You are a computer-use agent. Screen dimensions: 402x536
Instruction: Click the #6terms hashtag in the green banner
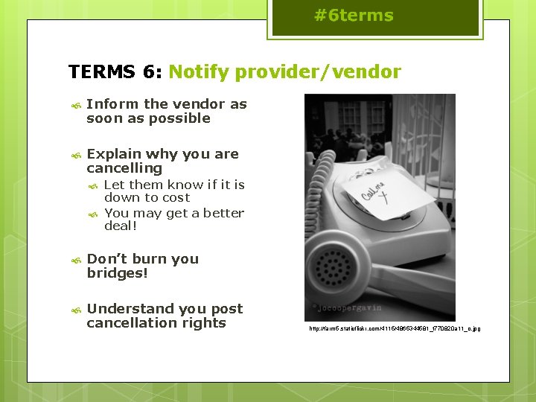pos(354,16)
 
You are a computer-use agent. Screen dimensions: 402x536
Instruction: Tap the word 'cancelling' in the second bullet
pos(124,168)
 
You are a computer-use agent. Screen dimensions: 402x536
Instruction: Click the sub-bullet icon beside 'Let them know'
pos(93,185)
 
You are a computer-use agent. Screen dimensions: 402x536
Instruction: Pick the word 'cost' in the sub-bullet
pos(176,198)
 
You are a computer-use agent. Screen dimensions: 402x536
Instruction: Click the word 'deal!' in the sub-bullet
pos(121,226)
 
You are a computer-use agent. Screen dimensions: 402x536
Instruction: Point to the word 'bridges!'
pos(118,273)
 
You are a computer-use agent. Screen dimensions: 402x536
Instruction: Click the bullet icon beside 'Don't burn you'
pos(74,261)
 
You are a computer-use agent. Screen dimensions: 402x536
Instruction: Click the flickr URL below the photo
pos(395,328)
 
